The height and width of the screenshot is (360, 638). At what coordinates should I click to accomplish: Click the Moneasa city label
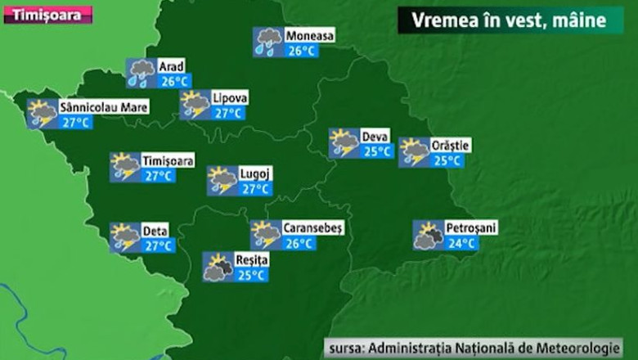(308, 36)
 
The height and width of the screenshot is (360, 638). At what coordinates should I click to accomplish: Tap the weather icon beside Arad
(141, 73)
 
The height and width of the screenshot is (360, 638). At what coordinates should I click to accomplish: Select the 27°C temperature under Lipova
(227, 113)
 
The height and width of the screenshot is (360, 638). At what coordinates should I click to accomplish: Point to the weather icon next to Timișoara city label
(125, 167)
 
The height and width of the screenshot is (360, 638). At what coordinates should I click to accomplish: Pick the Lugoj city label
(254, 173)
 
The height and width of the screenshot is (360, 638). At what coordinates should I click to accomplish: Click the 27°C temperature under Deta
(158, 245)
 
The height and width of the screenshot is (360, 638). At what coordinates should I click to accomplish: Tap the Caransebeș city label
(312, 227)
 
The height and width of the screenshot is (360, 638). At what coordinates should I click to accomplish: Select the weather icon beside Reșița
(218, 268)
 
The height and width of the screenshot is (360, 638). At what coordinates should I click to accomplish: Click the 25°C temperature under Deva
(377, 151)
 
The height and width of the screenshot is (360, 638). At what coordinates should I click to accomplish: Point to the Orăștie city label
(450, 145)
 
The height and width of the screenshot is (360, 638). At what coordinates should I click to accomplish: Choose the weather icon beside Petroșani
(428, 236)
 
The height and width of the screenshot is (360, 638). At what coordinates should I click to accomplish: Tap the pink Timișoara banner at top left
(47, 14)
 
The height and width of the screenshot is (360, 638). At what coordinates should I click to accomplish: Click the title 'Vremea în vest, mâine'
(511, 20)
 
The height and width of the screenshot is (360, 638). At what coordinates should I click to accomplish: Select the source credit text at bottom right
(473, 347)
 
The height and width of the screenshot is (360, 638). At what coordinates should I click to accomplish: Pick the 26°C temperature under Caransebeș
(299, 243)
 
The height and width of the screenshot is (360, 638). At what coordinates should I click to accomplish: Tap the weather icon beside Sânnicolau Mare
(42, 114)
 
